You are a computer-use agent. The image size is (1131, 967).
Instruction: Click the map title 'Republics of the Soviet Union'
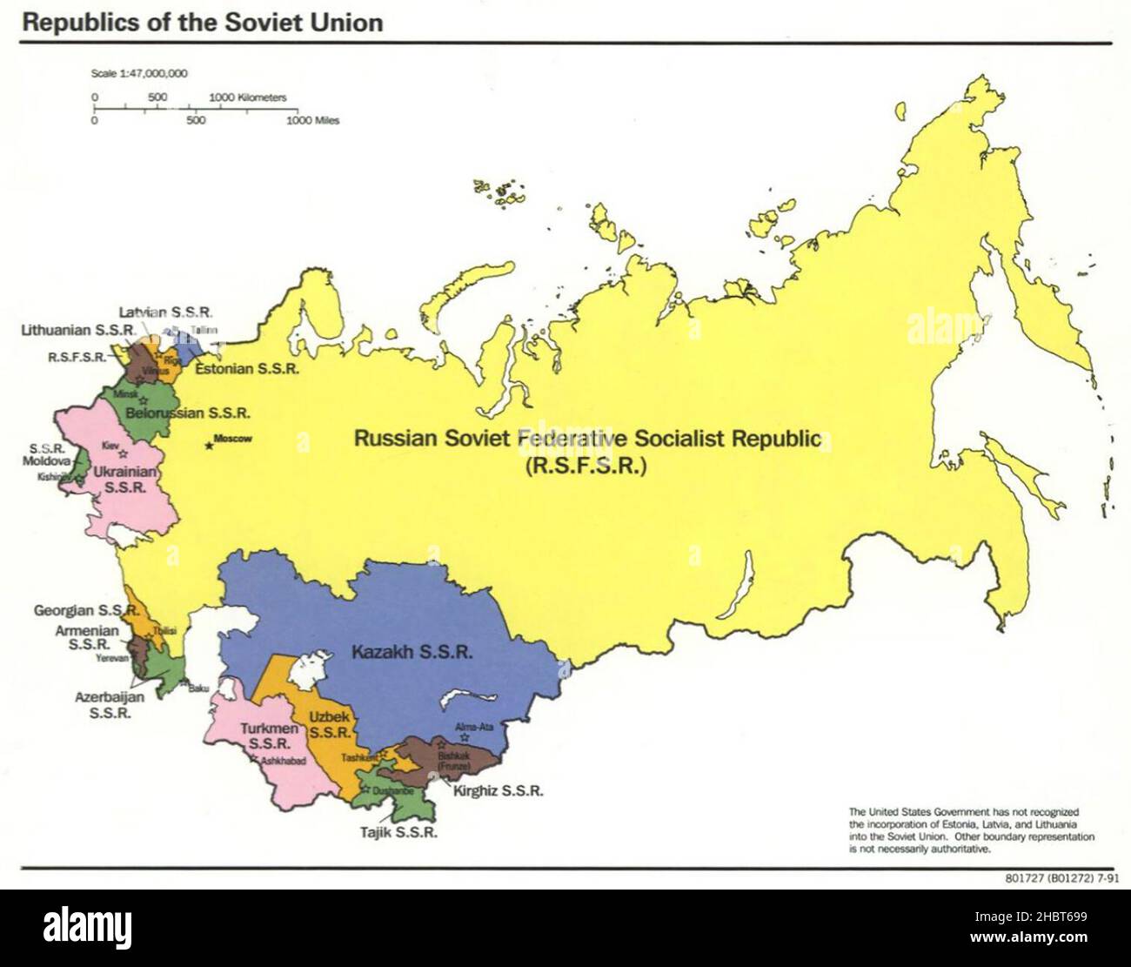(x=203, y=23)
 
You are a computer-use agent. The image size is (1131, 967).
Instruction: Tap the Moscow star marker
(x=209, y=447)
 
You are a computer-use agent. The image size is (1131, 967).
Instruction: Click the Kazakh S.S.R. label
(x=412, y=651)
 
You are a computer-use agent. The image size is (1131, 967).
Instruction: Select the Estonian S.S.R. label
(x=247, y=369)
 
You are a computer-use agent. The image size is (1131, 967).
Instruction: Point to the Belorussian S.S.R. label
(x=188, y=413)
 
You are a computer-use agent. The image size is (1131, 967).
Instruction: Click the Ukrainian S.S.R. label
(x=124, y=480)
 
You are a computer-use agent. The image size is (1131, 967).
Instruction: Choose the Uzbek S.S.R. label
(x=330, y=724)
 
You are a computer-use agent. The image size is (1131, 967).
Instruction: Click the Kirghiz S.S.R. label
(x=498, y=791)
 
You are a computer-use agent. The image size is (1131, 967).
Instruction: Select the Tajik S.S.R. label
(x=398, y=832)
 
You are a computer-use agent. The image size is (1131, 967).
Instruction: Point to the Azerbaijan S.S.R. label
(x=110, y=704)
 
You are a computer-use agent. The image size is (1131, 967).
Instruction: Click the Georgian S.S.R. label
(x=85, y=611)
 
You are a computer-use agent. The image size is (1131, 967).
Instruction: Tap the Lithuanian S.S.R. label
(x=78, y=331)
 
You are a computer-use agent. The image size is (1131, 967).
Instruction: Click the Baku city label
(x=199, y=688)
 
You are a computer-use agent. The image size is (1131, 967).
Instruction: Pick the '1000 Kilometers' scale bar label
(x=248, y=97)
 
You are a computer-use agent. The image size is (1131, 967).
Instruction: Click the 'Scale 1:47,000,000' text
(x=139, y=74)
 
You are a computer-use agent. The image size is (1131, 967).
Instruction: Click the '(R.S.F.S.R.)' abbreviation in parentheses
(x=586, y=466)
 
